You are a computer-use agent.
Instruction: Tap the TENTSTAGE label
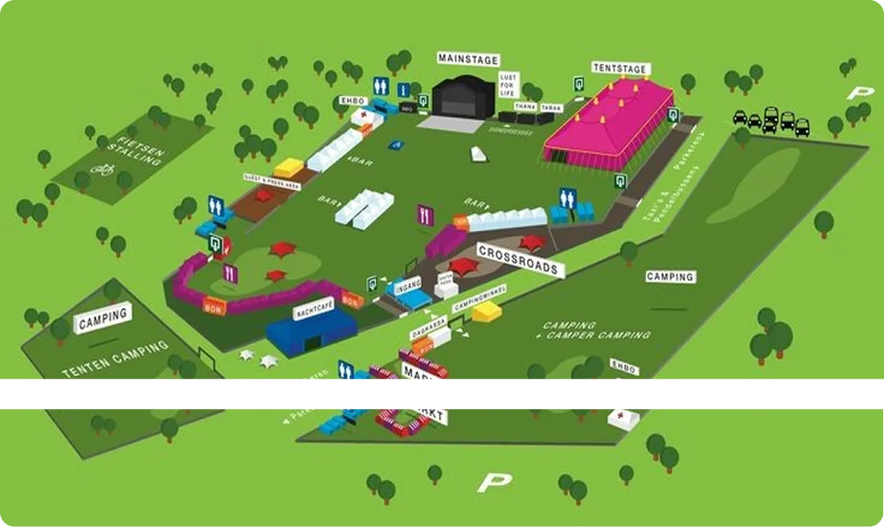click(620, 69)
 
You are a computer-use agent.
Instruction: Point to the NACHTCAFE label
click(312, 311)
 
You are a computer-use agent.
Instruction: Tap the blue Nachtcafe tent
click(311, 331)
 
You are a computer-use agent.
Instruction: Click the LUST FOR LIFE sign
click(509, 85)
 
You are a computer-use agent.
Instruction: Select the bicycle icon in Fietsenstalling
click(103, 169)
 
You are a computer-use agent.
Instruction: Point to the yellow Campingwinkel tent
click(487, 312)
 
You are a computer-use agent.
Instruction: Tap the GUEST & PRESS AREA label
click(272, 180)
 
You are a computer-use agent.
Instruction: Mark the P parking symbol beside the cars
click(857, 92)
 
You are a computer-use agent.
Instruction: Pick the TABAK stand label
click(550, 107)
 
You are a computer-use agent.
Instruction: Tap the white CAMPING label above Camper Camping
click(670, 276)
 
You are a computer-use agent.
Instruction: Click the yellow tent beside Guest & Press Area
click(289, 167)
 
